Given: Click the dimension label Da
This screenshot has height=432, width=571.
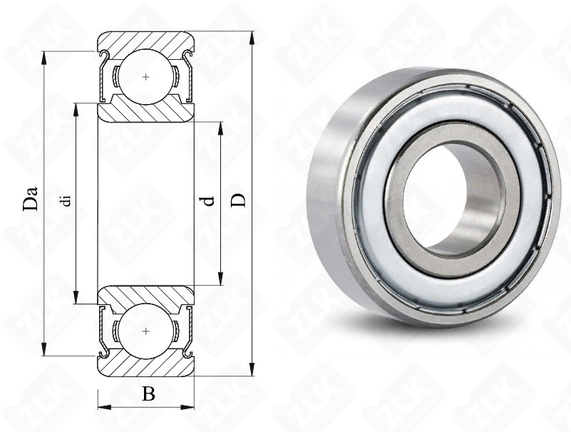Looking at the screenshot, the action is click(x=31, y=198).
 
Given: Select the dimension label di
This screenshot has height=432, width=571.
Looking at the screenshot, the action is click(x=66, y=201).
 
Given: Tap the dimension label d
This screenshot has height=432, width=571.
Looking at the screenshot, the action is click(x=208, y=201).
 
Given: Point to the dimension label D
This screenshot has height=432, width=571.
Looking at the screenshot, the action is click(x=239, y=200).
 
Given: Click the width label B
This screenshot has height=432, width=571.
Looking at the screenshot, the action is click(x=148, y=394).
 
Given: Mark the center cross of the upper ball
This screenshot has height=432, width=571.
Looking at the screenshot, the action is click(x=146, y=77).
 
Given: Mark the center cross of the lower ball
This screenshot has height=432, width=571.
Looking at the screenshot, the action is click(x=146, y=331).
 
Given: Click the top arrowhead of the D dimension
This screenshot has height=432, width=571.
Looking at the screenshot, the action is click(x=252, y=38).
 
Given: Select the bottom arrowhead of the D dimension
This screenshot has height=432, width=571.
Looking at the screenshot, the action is click(x=252, y=369).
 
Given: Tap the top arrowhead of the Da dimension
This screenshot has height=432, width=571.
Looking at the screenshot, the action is click(x=44, y=58).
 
